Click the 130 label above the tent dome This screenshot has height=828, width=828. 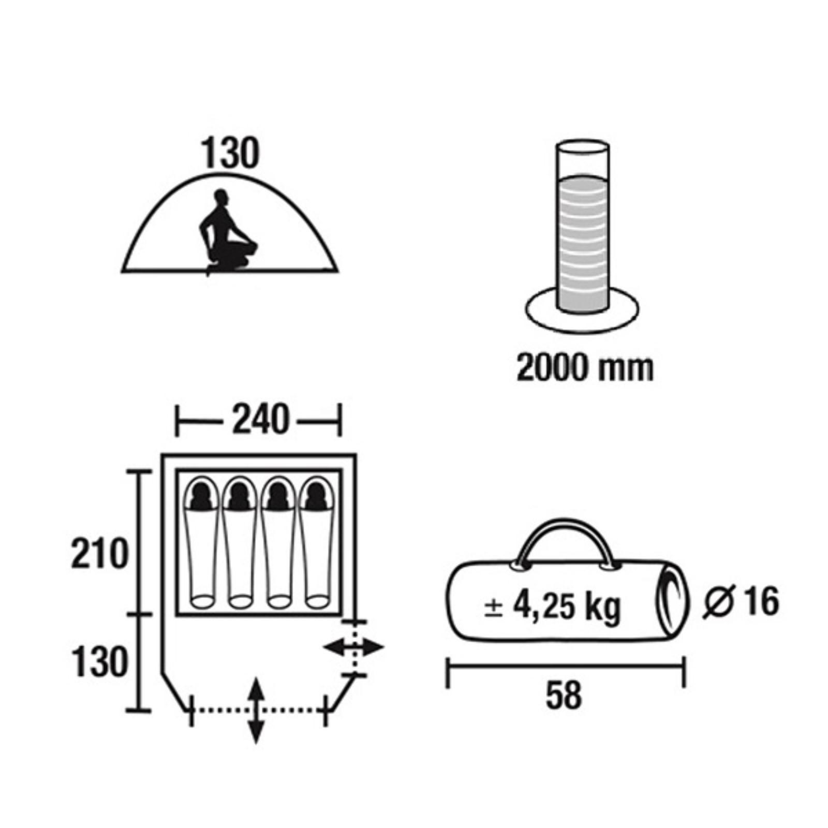coord(229,154)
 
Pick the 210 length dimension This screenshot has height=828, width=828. coord(99,554)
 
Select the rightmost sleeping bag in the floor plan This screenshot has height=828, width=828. coord(317,542)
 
